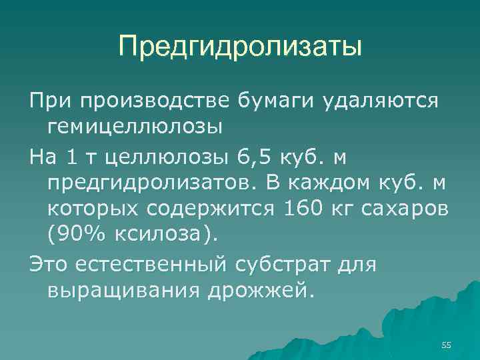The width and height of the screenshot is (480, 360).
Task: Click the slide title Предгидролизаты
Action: (240, 47)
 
